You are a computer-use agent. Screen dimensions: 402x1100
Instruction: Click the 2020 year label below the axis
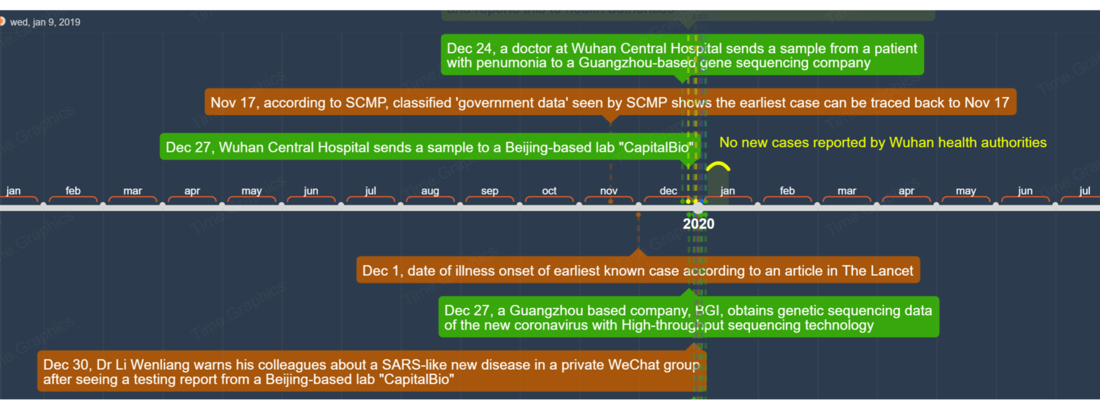(x=698, y=224)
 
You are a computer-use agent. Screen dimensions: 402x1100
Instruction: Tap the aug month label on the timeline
(x=430, y=191)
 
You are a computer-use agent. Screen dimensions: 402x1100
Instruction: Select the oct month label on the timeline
(x=549, y=191)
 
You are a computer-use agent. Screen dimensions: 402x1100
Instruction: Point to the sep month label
(x=490, y=191)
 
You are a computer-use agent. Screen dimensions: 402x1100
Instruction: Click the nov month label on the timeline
(x=609, y=191)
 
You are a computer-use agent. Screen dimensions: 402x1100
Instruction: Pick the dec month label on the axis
(x=669, y=191)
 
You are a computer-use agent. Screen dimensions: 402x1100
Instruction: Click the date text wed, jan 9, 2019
(x=45, y=22)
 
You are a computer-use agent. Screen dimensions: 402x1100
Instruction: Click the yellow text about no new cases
(x=883, y=142)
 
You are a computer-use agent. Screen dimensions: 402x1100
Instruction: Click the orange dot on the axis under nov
(x=610, y=202)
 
